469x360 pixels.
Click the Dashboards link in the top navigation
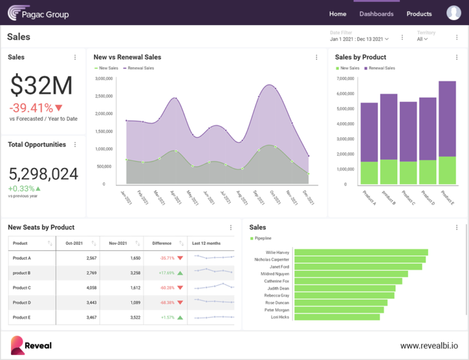pos(376,13)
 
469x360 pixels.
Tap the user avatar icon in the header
pos(454,13)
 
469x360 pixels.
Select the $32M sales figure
pos(42,86)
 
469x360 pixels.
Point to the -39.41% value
pos(31,108)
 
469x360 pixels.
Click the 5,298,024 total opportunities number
pos(43,174)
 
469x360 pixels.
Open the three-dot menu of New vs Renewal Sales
pos(316,57)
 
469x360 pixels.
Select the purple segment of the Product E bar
pos(447,118)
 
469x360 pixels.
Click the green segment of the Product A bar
pos(369,173)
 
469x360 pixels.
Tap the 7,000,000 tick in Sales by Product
pos(346,79)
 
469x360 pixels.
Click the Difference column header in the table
pos(162,243)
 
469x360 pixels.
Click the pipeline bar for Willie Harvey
pos(361,252)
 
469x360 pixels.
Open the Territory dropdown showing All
pos(423,39)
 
